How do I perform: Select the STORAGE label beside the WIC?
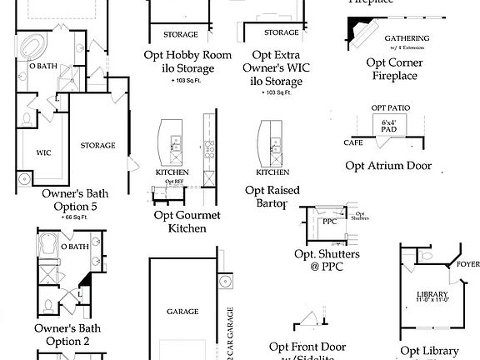[97, 145]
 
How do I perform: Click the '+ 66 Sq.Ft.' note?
[75, 216]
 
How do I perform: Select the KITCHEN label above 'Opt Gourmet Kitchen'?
[172, 172]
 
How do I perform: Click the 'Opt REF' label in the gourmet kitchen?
[173, 182]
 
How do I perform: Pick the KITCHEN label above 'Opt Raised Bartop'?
[272, 172]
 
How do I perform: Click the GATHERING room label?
[406, 38]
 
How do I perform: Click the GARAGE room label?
[182, 311]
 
